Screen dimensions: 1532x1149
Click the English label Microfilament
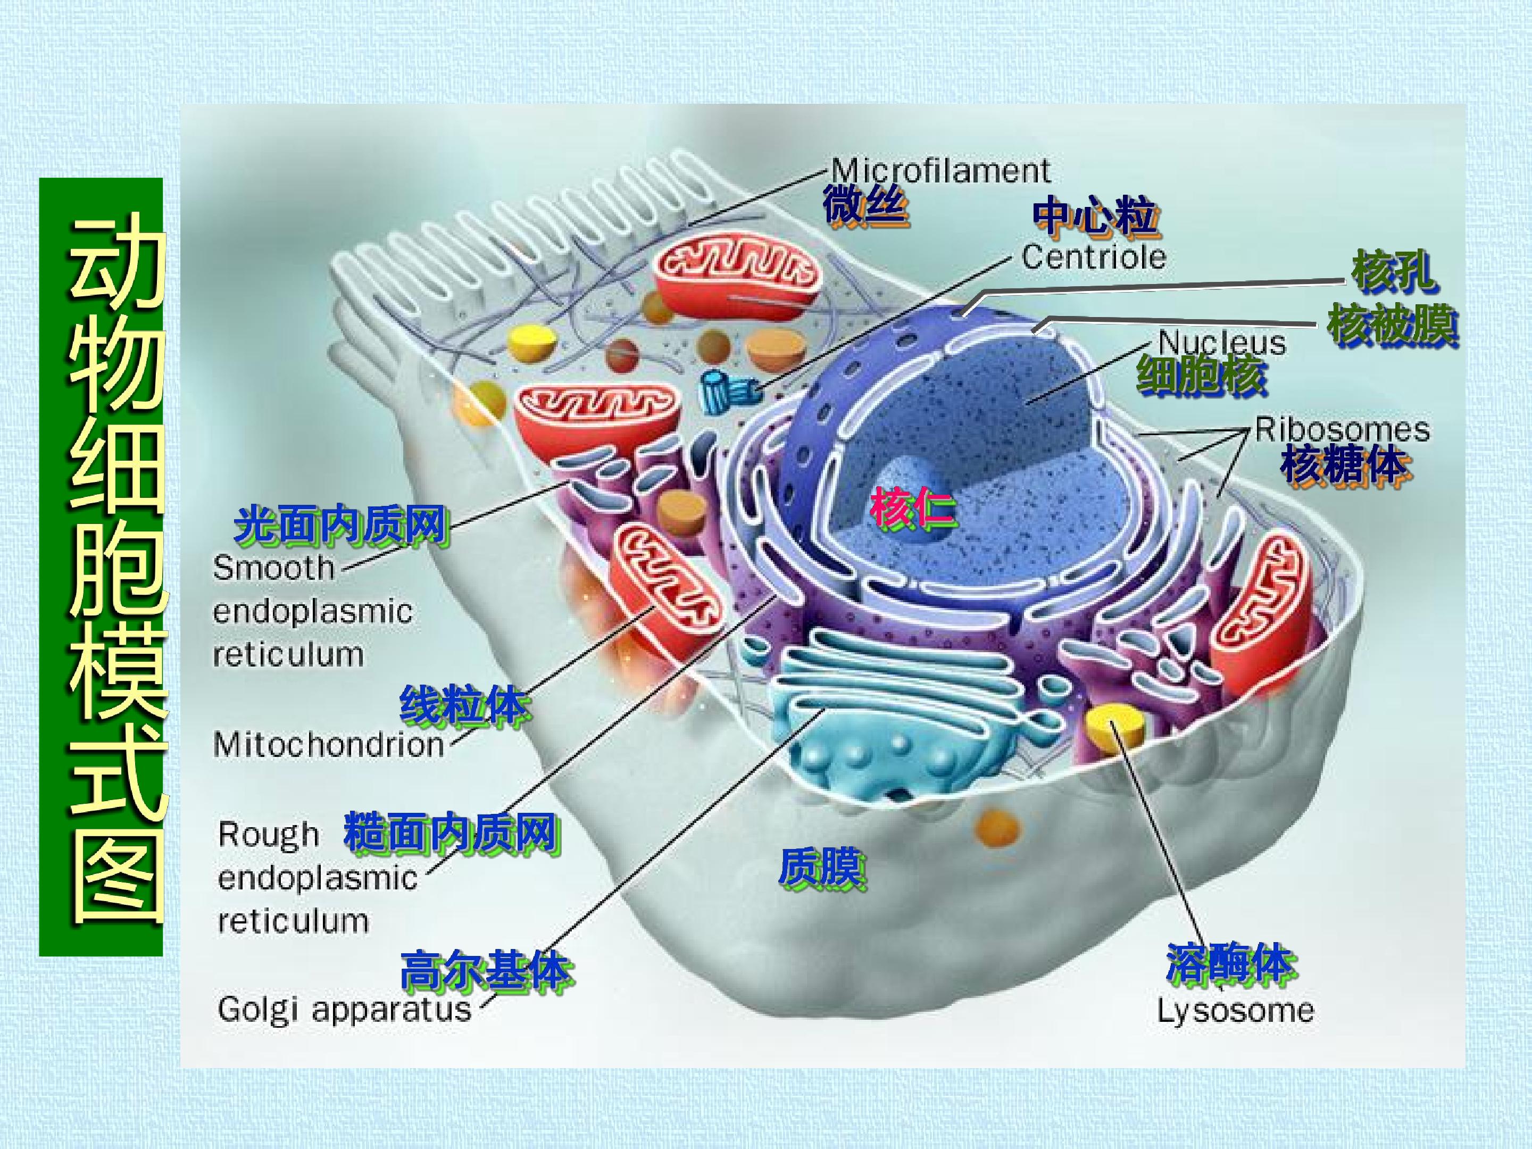[x=940, y=170]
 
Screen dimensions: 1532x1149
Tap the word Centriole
[x=1094, y=257]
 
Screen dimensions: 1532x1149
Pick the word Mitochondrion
[x=328, y=745]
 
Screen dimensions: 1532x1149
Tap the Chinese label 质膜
[x=821, y=868]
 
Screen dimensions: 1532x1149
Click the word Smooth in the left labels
[x=273, y=569]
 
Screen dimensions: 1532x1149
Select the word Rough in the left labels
[x=269, y=835]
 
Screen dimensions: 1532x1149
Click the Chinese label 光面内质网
[x=341, y=524]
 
